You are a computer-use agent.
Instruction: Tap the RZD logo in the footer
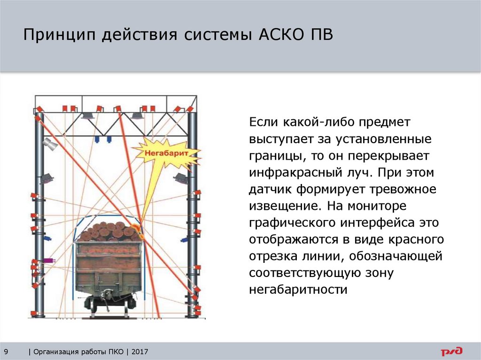point(451,351)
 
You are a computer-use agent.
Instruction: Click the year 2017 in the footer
point(140,352)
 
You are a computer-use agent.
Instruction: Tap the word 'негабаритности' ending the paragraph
point(298,290)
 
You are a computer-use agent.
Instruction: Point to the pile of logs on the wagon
point(109,231)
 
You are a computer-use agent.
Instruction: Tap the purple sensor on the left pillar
point(48,260)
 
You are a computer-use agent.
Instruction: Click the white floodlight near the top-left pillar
point(50,145)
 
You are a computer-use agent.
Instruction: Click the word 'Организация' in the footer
point(55,352)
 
